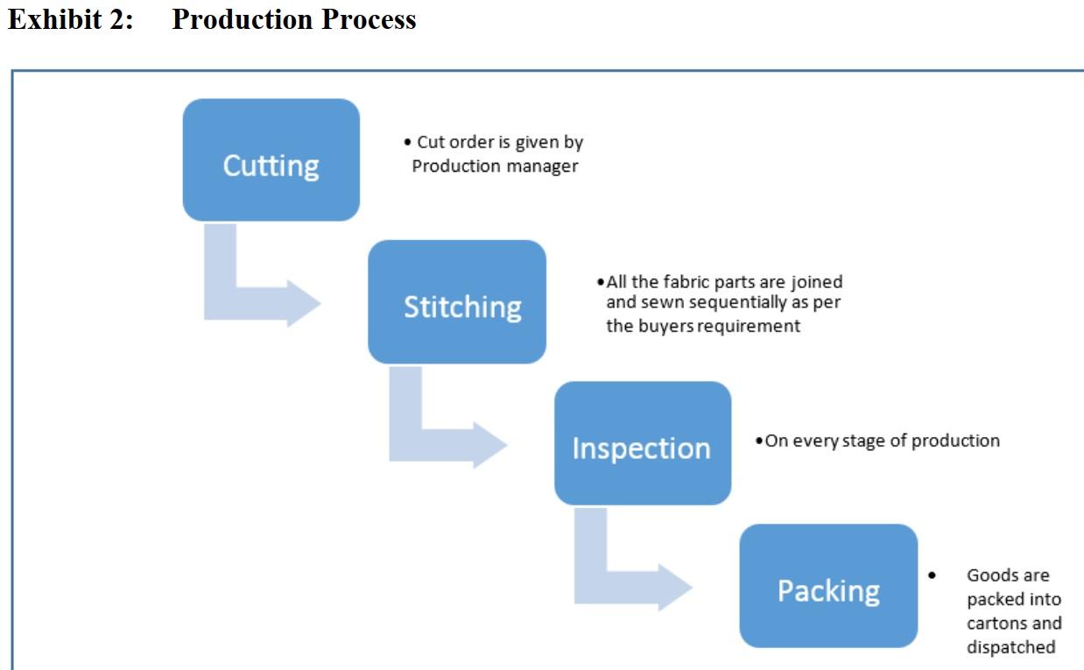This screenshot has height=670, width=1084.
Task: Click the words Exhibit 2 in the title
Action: click(x=70, y=19)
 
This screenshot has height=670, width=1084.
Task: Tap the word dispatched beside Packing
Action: click(x=1010, y=647)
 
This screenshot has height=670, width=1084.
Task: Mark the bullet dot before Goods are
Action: click(x=932, y=575)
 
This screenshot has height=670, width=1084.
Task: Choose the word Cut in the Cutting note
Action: click(x=431, y=142)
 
